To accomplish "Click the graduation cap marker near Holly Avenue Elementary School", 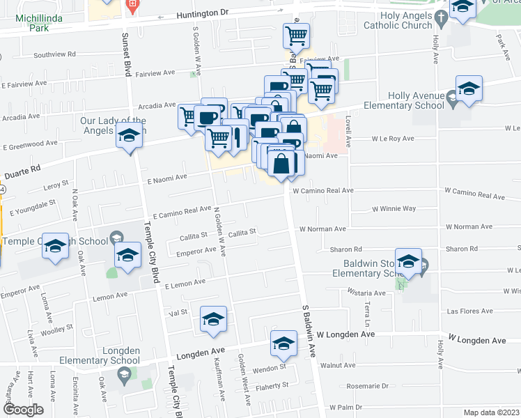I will click(x=469, y=89).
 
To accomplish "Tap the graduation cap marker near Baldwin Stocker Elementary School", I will click(x=409, y=261).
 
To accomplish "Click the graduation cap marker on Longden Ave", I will click(x=283, y=343).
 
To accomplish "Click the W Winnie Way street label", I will click(x=394, y=208).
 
